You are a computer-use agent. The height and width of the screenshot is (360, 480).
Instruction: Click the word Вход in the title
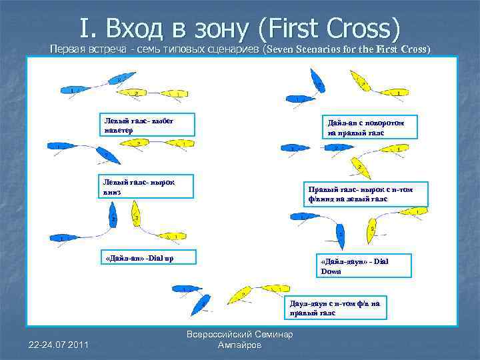pyautogui.click(x=144, y=28)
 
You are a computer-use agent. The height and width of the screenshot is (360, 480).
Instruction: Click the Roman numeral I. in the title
pyautogui.click(x=88, y=28)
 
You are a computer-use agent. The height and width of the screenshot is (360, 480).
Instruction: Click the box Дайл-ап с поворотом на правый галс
pyautogui.click(x=371, y=127)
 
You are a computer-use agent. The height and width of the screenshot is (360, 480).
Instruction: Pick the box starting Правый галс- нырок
pyautogui.click(x=361, y=194)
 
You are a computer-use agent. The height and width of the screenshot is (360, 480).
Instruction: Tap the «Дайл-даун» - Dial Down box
pyautogui.click(x=363, y=265)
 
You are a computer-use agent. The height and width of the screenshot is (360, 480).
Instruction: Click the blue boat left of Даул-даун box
pyautogui.click(x=201, y=305)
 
